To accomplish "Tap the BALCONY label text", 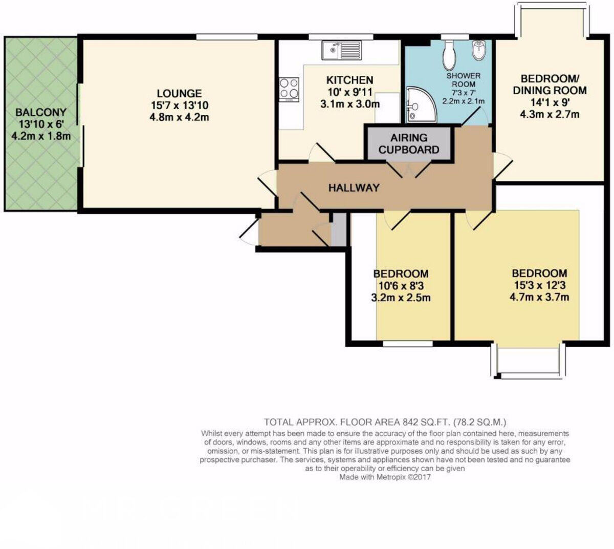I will pos(41,112).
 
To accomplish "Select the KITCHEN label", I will pos(350,80).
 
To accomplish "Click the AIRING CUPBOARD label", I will pos(409,144).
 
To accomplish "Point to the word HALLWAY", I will pos(354,188).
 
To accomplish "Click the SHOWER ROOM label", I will pos(464,80).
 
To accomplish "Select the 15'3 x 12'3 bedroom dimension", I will pos(539,285).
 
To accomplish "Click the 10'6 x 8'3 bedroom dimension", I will pos(401,286).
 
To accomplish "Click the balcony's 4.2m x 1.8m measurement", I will pos(41,136).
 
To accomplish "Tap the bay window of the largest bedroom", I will pos(529,361).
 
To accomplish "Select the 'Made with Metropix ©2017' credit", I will pos(385,477).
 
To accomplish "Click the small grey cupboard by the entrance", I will pos(338,230).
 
